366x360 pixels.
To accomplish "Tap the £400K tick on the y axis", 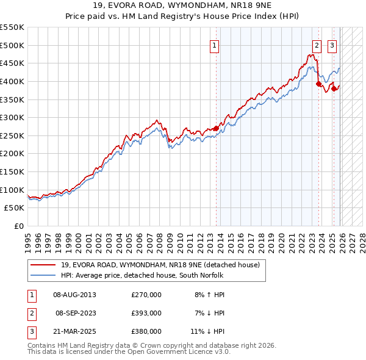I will tap(12, 81).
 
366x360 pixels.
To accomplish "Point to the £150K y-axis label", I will tap(12, 172).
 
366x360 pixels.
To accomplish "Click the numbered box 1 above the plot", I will tap(215, 45).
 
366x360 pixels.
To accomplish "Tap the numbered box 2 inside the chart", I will tap(317, 45).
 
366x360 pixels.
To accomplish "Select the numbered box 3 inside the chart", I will tap(332, 45).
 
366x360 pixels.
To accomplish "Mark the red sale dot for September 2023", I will tap(318, 84).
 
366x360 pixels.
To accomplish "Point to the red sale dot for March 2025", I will tap(334, 88).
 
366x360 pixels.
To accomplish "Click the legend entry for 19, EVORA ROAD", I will tap(160, 265).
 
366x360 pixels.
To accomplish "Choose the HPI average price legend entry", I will tap(142, 275).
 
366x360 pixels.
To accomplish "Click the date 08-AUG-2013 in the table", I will tap(75, 295).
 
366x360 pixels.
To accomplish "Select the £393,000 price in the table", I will tap(146, 313).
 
